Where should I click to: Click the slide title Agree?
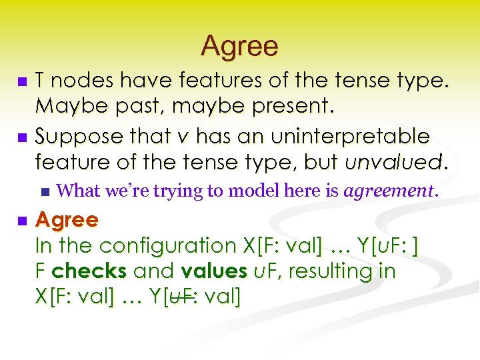point(239,46)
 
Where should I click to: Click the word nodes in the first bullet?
point(77,81)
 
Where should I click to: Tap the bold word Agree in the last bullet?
point(66,219)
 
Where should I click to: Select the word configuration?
point(166,245)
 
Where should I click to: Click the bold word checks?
point(90,271)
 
